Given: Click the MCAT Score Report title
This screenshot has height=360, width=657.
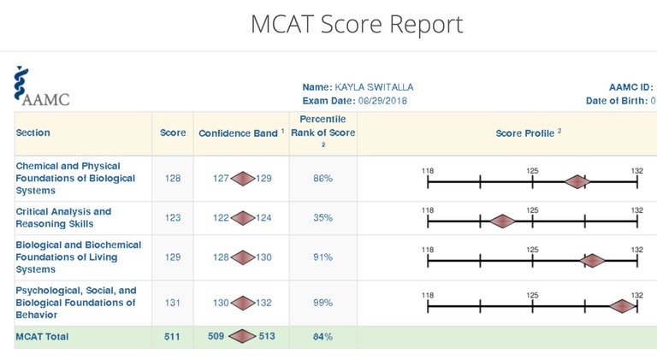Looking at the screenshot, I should pos(357,24).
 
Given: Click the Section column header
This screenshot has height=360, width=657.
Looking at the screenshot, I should pos(33,133).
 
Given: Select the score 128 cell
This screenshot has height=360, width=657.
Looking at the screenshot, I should pos(173,179).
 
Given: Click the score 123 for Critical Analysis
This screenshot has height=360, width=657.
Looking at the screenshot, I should pos(173,218).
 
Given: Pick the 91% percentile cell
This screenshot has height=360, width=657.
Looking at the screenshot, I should pos(323,257).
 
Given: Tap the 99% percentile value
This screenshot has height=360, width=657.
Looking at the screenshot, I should pos(323,303).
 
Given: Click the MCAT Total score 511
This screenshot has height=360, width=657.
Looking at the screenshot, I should pos(173,336).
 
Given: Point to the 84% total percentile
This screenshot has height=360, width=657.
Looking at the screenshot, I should pos(323,337).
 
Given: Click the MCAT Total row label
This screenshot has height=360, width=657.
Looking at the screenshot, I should pos(43,336).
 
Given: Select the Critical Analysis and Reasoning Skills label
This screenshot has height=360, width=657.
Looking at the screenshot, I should pos(64,217).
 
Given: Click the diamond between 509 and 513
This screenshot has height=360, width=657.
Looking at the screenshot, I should pos(242,336).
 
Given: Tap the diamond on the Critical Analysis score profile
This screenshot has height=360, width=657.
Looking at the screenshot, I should pos(502,221).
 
